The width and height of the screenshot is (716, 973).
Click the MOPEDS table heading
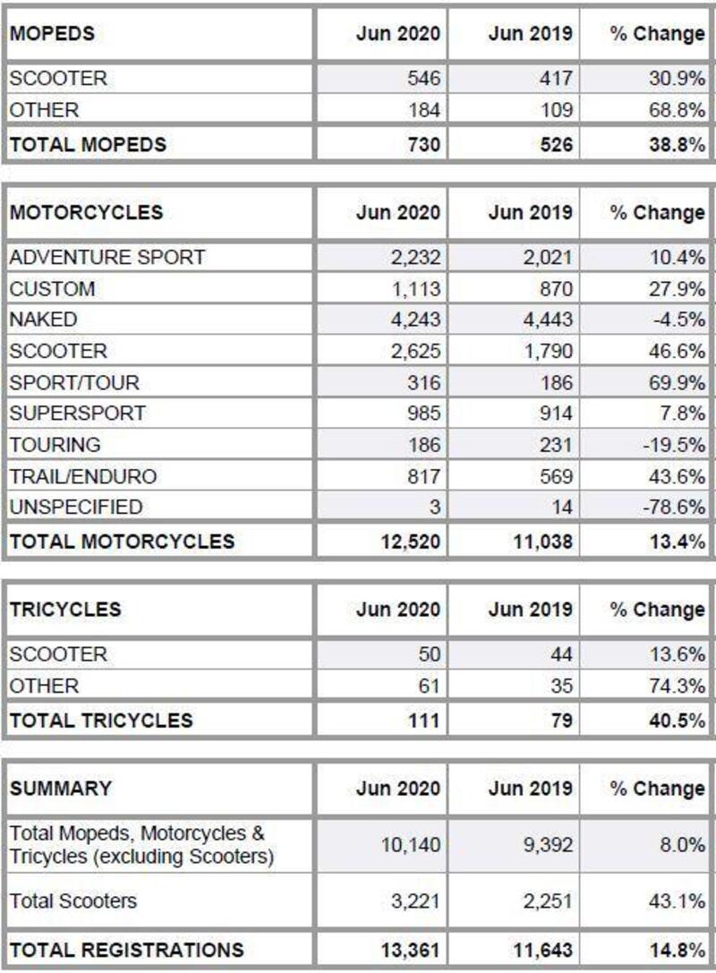click(x=52, y=34)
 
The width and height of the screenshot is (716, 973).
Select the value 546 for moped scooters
click(x=423, y=79)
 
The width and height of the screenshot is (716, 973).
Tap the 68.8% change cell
click(x=678, y=110)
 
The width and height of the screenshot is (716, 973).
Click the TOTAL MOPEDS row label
click(x=88, y=144)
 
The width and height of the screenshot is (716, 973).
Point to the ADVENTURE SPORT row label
click(x=107, y=258)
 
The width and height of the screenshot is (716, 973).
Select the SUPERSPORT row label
click(x=77, y=413)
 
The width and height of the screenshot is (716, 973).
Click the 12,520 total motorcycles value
click(x=410, y=541)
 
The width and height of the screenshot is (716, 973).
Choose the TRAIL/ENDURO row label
click(x=83, y=476)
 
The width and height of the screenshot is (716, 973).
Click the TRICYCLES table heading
click(x=65, y=610)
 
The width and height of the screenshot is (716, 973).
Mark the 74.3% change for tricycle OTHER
click(x=678, y=686)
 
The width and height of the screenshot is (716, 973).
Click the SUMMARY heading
click(x=61, y=789)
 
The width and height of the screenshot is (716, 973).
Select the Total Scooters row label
click(x=73, y=900)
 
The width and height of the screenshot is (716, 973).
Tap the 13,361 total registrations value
click(x=410, y=950)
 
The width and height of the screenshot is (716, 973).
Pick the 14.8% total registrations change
click(x=678, y=950)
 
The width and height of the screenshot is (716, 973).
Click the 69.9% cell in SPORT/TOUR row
click(x=678, y=382)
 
